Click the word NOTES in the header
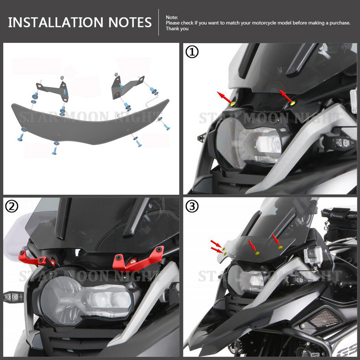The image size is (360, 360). (x=130, y=22)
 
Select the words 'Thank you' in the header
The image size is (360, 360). (x=177, y=28)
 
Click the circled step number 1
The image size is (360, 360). (x=192, y=53)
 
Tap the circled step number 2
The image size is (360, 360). (x=12, y=206)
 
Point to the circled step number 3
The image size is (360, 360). (x=192, y=206)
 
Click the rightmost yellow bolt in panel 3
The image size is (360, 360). (x=280, y=247)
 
